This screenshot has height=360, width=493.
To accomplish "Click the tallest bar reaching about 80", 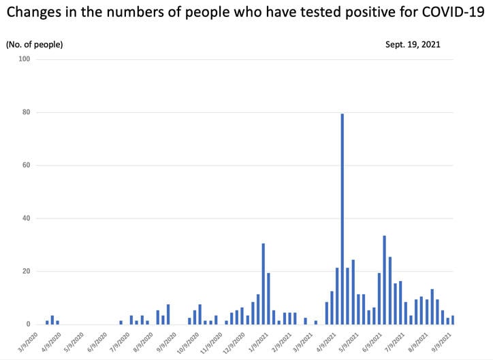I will [342, 218].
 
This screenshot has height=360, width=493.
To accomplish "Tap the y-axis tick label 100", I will [25, 59].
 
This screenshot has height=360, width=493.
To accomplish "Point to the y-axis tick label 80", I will [27, 112].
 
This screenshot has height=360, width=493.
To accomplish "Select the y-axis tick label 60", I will [27, 165].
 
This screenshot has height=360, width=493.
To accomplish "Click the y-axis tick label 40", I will [27, 218].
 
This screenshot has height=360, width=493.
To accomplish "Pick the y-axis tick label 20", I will [27, 272].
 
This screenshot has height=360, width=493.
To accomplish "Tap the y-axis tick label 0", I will [29, 325].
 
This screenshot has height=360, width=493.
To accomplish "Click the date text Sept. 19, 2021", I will [413, 44].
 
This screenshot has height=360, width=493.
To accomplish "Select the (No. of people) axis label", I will [34, 44].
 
